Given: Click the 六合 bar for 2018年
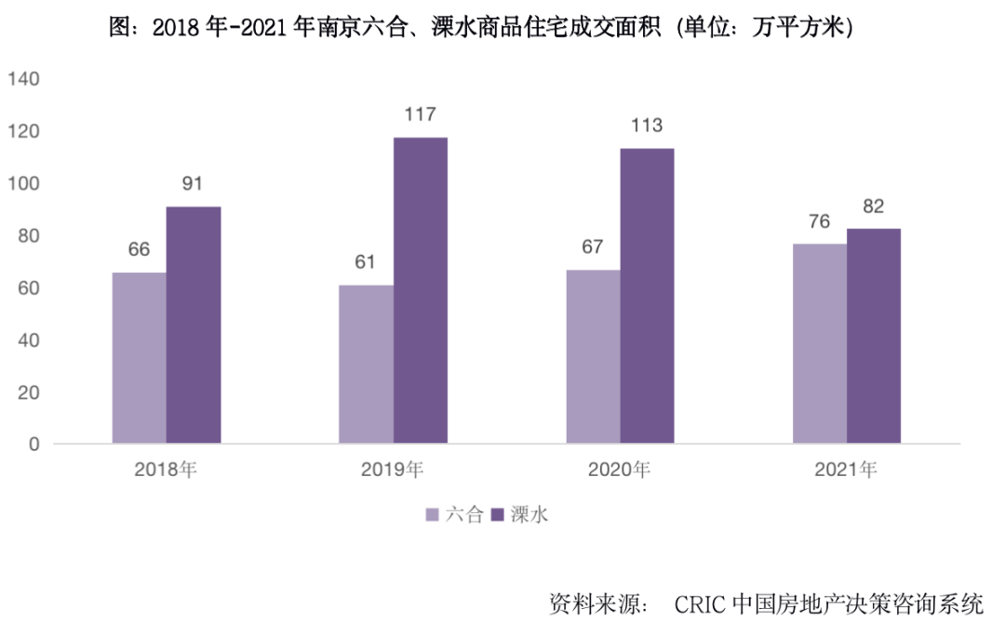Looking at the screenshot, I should click(x=140, y=358).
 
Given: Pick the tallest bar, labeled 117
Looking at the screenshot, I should click(x=421, y=290).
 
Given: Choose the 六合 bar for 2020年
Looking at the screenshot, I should click(x=593, y=356).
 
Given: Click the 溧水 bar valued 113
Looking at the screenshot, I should click(x=648, y=295).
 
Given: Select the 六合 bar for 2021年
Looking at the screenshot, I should click(x=820, y=344).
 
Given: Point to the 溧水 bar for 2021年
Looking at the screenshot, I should click(x=874, y=335).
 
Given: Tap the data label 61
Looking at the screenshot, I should click(x=365, y=262).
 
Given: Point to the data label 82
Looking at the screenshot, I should click(x=873, y=206).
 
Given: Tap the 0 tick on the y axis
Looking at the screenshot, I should click(x=34, y=444).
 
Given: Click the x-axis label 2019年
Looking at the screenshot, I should click(x=393, y=470).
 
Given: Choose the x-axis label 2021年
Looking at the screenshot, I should click(x=846, y=470).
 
